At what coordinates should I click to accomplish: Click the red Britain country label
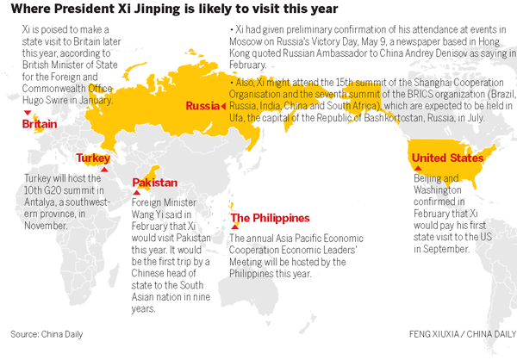tap(40, 126)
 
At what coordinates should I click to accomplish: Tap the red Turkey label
tap(93, 158)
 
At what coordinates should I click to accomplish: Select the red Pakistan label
tap(155, 183)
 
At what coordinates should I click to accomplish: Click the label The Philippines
tap(270, 219)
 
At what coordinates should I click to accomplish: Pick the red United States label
tap(447, 158)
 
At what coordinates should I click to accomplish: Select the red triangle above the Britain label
tap(28, 115)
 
